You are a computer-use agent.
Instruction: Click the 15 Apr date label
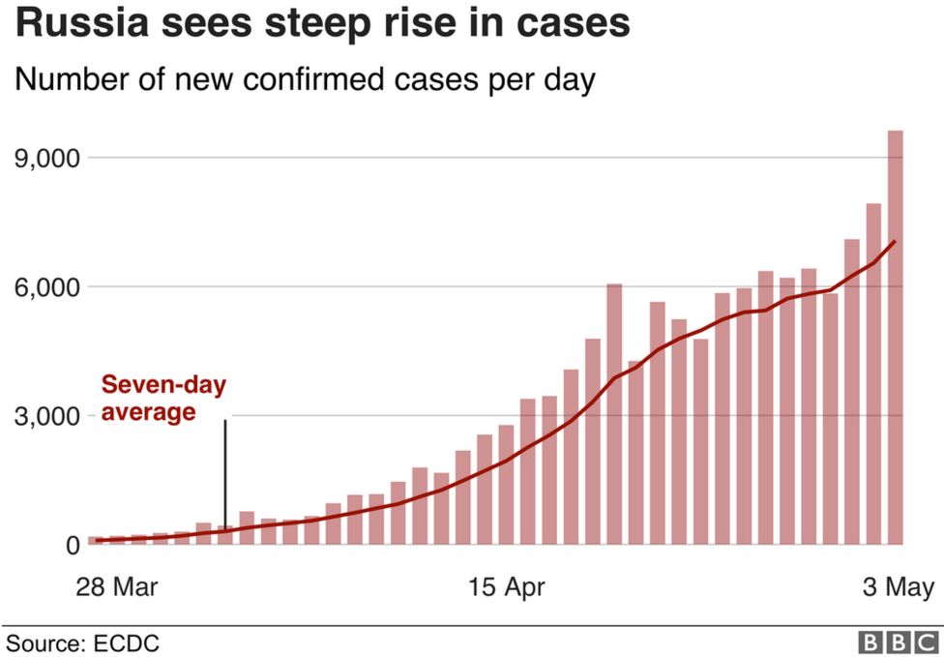pyautogui.click(x=506, y=586)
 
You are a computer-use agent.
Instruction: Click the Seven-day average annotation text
pyautogui.click(x=163, y=399)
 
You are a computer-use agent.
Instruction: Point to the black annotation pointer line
pyautogui.click(x=225, y=474)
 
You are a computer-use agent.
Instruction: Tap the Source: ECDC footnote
pyautogui.click(x=83, y=642)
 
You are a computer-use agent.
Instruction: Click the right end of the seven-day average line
pyautogui.click(x=896, y=241)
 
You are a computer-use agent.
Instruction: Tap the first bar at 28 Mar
pyautogui.click(x=94, y=540)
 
